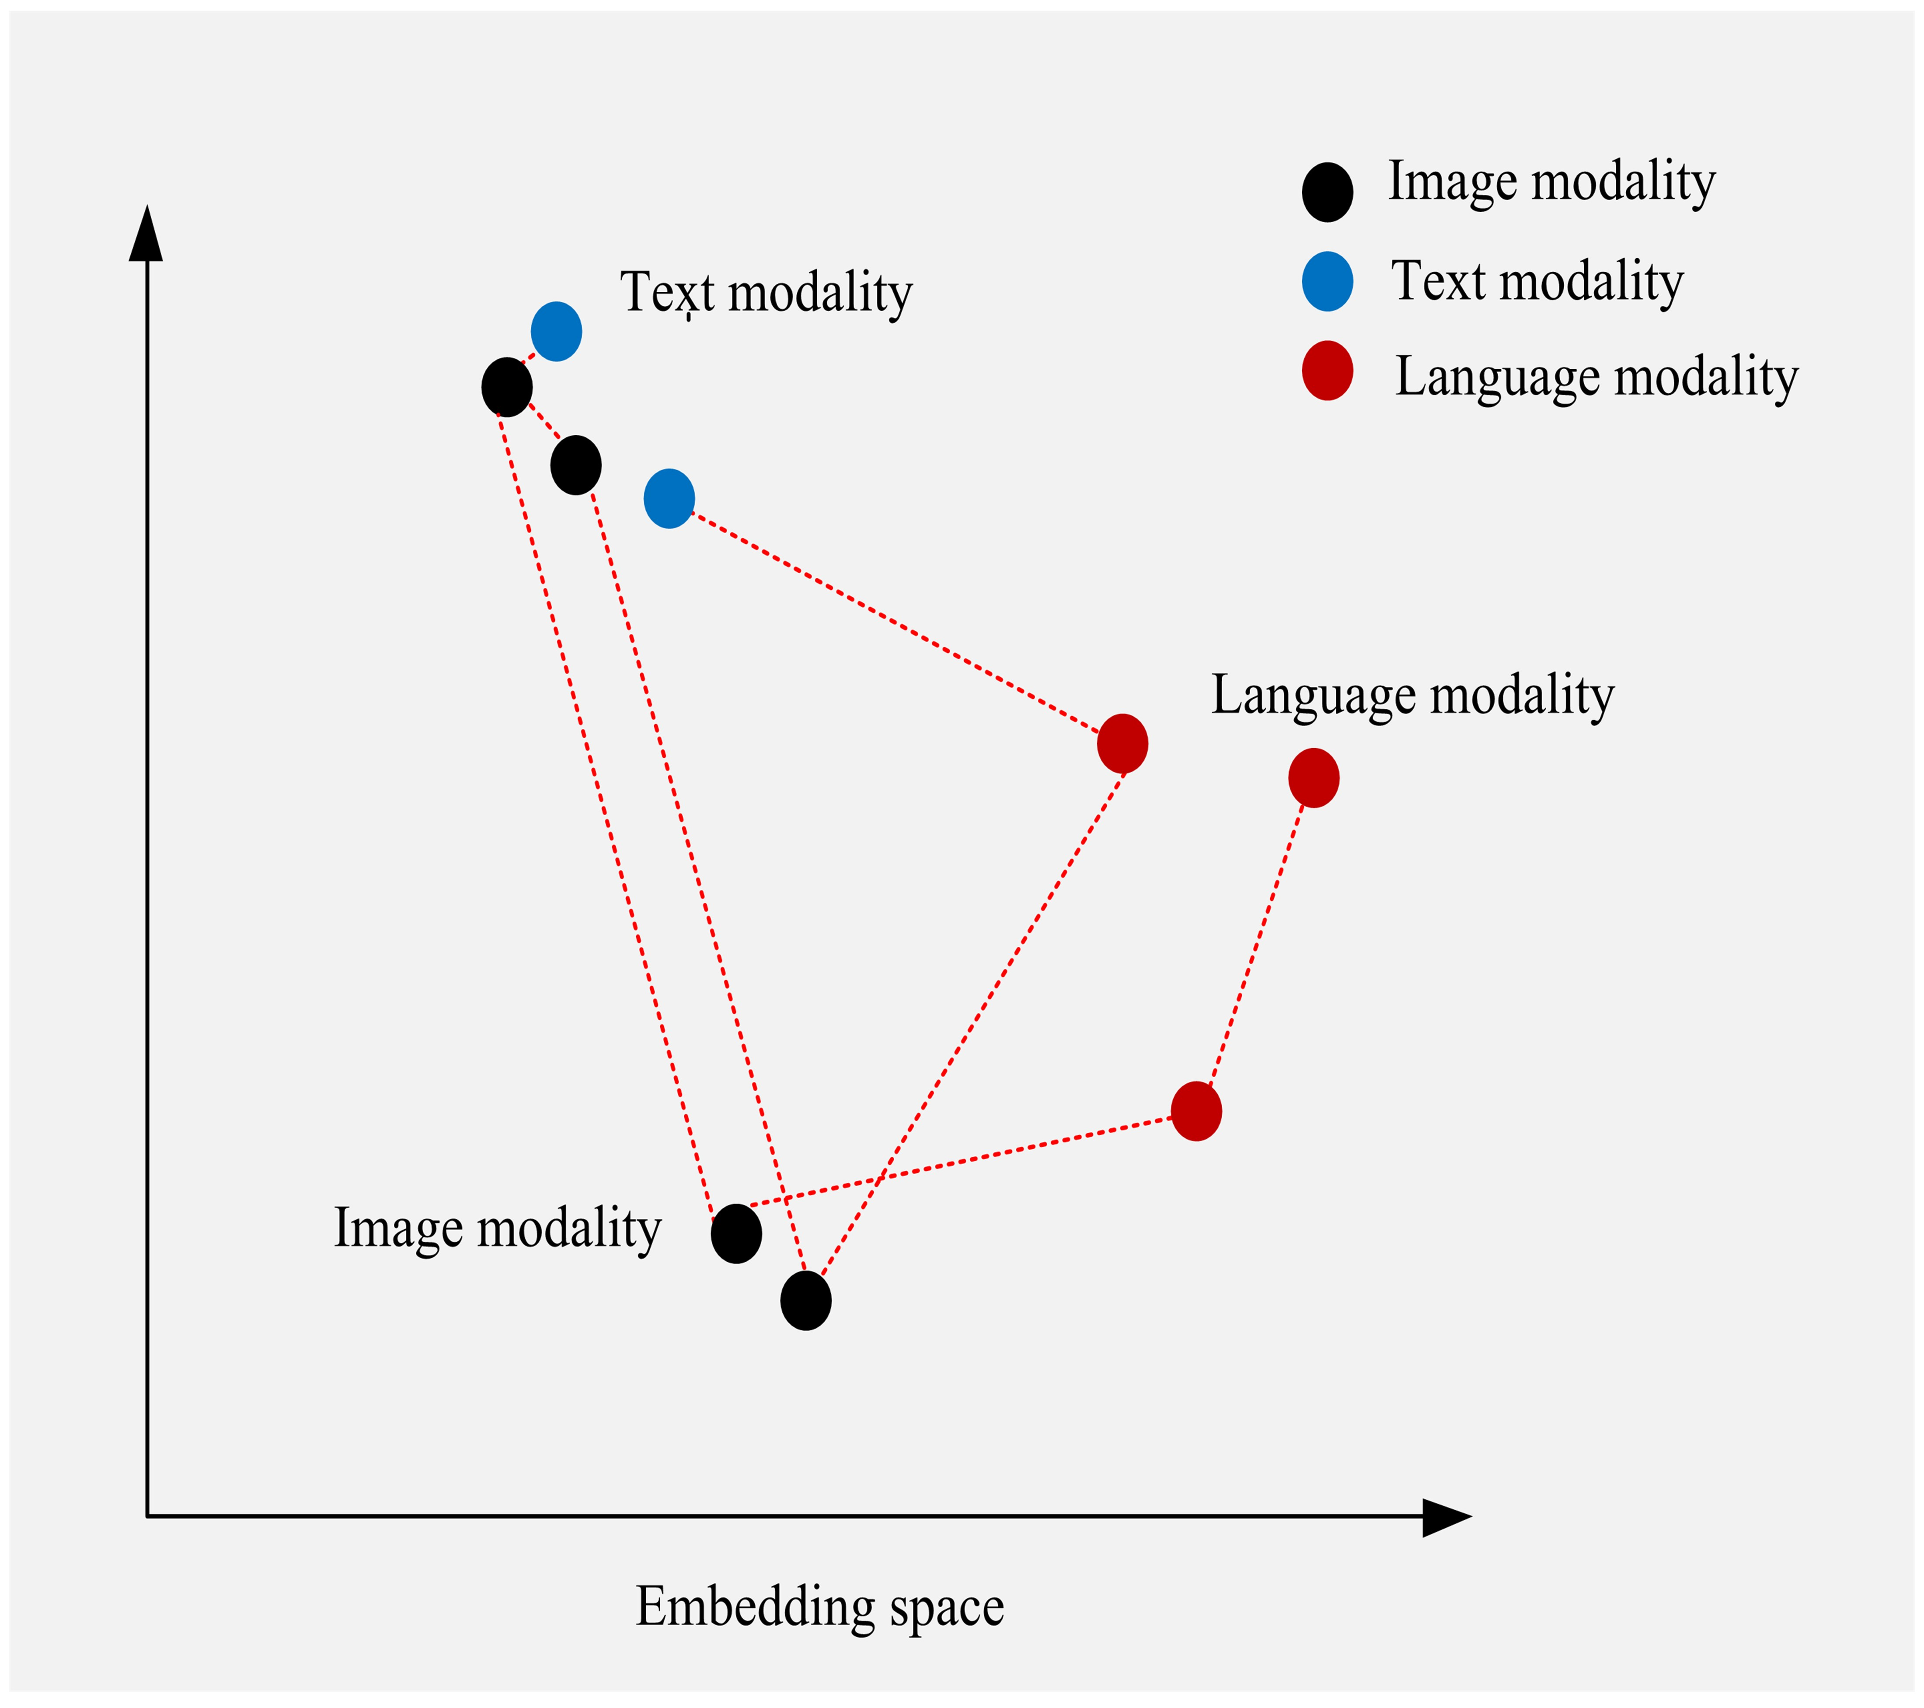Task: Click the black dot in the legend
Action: click(1327, 192)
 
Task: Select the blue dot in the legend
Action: click(1327, 281)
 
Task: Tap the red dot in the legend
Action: click(1327, 371)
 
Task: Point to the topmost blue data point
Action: click(556, 332)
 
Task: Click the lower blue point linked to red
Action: click(669, 498)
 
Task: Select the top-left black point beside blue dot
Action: click(506, 387)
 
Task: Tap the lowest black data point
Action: click(806, 1300)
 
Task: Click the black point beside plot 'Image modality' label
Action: click(736, 1233)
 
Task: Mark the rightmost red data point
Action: click(1313, 778)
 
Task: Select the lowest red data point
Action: click(1196, 1111)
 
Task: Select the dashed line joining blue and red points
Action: click(894, 621)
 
